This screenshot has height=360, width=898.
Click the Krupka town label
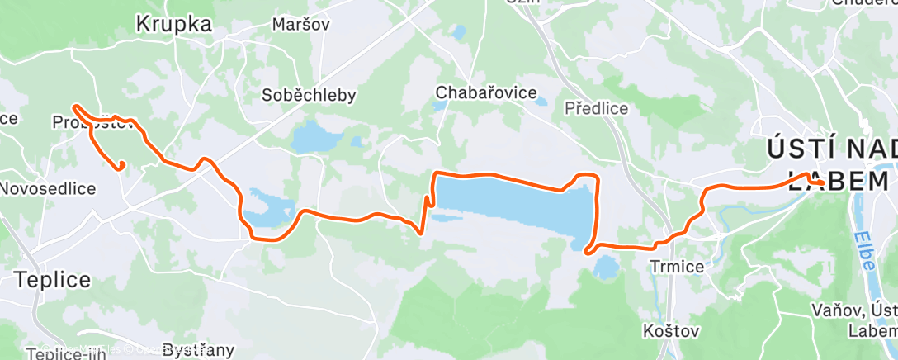(x=173, y=25)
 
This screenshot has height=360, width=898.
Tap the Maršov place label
(x=300, y=25)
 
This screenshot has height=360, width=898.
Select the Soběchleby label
(x=309, y=95)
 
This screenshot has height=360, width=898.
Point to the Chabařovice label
(x=487, y=92)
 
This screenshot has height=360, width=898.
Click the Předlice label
(x=596, y=108)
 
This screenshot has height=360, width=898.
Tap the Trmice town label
(x=676, y=267)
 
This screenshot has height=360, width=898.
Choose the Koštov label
(x=671, y=331)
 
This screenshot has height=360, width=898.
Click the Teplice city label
(x=53, y=280)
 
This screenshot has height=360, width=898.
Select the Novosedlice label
(x=48, y=188)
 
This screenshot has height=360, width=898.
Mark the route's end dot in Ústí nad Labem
(x=822, y=182)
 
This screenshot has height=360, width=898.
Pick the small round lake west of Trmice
(x=607, y=267)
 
